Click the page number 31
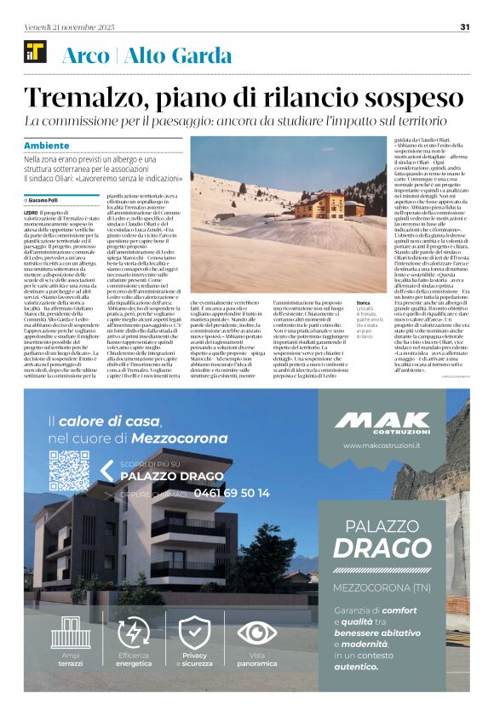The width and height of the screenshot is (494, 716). click(x=465, y=26)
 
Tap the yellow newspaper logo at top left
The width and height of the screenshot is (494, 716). click(x=35, y=53)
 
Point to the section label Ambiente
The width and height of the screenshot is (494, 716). click(x=48, y=145)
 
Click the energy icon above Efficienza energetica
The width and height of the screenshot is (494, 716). click(x=133, y=633)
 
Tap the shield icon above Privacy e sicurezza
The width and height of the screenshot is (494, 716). click(x=194, y=633)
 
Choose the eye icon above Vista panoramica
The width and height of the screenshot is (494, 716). click(x=256, y=633)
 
